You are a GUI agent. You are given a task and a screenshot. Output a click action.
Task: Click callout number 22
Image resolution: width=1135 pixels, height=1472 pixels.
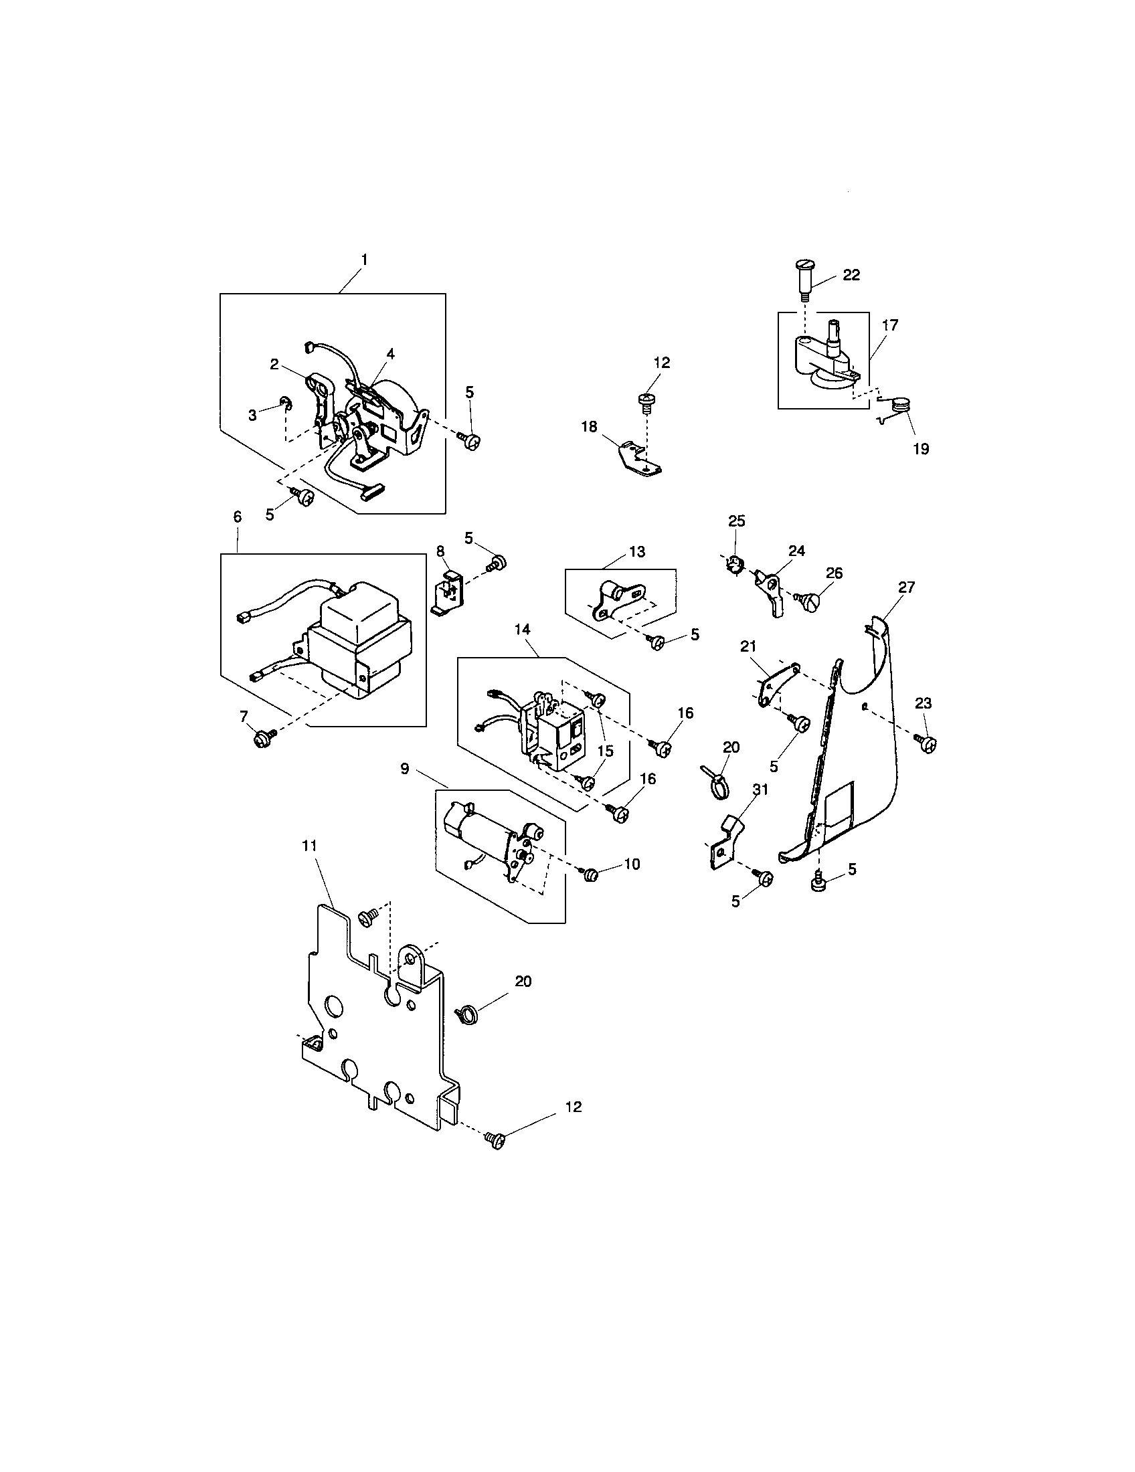[x=851, y=275]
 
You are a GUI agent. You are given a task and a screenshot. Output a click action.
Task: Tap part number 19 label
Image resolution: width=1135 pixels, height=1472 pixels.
[x=920, y=449]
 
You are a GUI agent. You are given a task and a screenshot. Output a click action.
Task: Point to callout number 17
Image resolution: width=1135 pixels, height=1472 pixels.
[x=889, y=325]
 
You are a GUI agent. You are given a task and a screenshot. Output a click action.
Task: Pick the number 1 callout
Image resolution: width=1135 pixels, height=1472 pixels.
[x=364, y=259]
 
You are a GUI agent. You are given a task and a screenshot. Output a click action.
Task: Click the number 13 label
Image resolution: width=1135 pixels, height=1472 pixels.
[x=636, y=552]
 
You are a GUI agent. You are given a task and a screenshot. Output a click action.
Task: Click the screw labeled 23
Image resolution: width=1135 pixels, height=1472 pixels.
[x=928, y=744]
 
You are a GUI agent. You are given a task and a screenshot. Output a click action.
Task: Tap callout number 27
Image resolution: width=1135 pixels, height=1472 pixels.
[x=907, y=587]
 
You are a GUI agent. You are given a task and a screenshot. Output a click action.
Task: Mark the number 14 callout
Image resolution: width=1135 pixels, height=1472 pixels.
[x=523, y=629]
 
